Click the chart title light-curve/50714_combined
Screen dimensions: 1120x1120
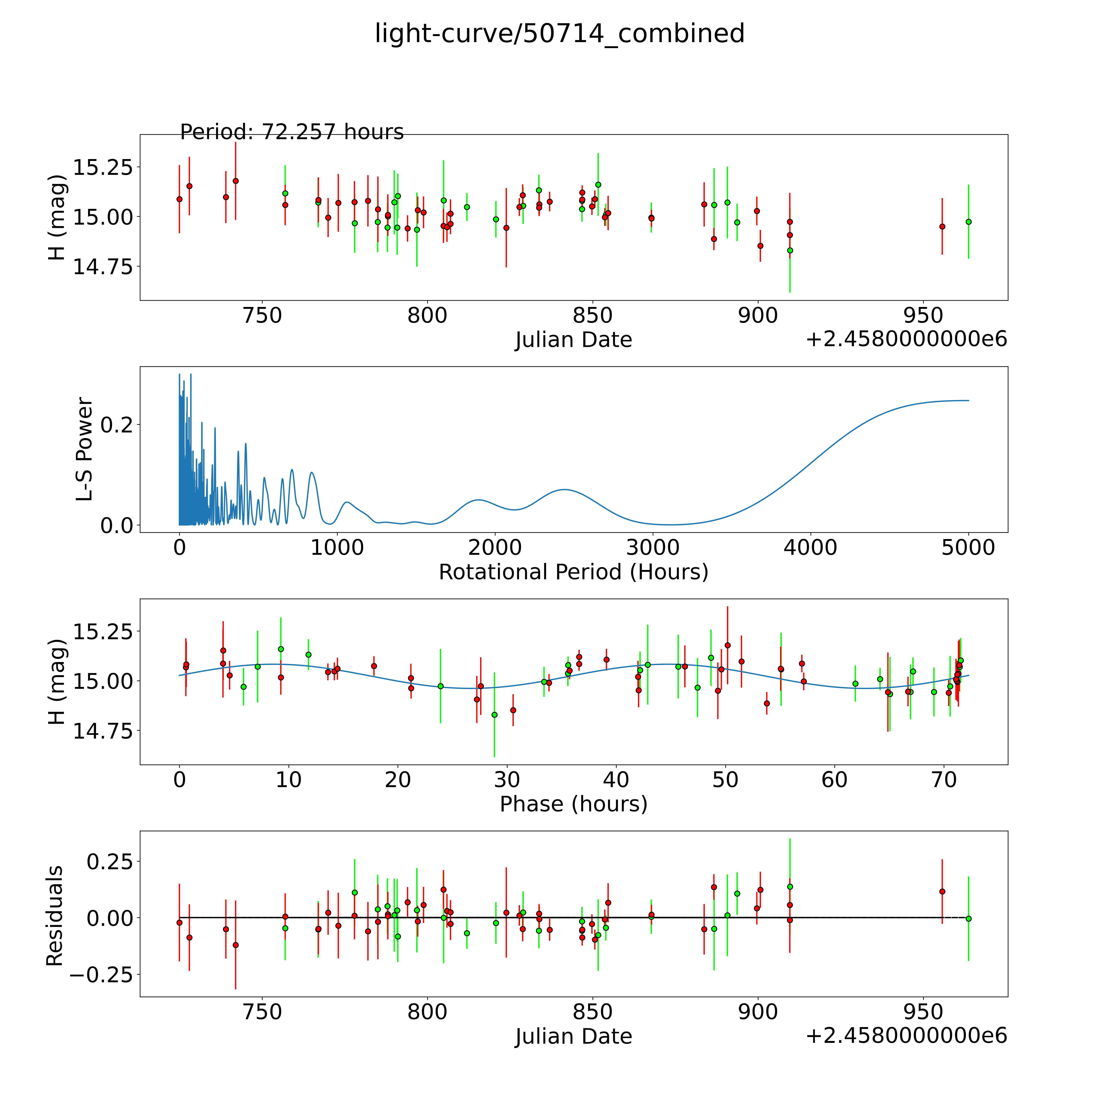click(559, 34)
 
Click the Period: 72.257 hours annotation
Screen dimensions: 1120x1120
click(292, 132)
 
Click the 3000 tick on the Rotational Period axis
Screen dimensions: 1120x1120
click(653, 548)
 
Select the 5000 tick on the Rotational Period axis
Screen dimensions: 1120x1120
click(968, 548)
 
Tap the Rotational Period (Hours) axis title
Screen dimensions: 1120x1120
click(573, 572)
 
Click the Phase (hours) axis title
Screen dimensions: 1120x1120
click(573, 804)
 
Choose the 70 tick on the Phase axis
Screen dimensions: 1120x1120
click(944, 780)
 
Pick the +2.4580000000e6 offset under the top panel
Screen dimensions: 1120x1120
click(906, 340)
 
